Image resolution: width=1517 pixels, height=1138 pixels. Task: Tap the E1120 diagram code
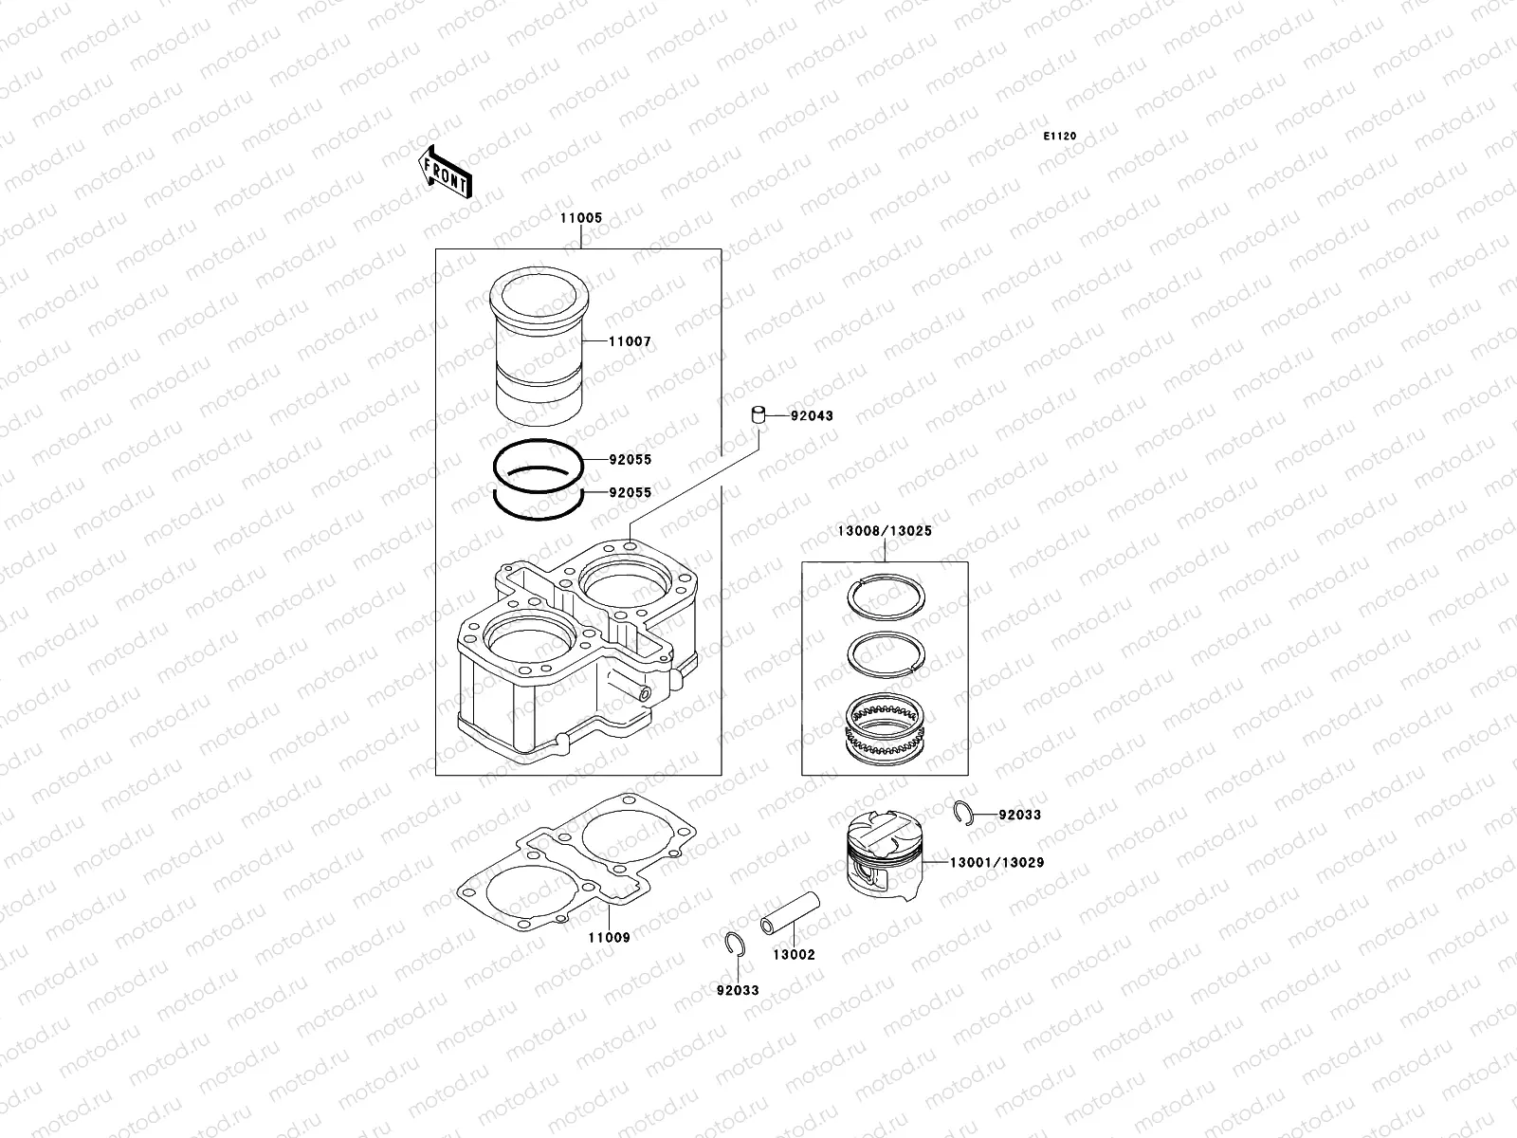pyautogui.click(x=1060, y=137)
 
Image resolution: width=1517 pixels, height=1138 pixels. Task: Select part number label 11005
pyautogui.click(x=580, y=218)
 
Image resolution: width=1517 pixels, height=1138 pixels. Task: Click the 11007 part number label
pyautogui.click(x=630, y=341)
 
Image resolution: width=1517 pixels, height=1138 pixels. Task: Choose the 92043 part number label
pyautogui.click(x=812, y=416)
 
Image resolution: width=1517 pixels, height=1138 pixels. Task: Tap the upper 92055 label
pyautogui.click(x=630, y=460)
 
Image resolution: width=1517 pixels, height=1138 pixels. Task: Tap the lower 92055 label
pyautogui.click(x=630, y=493)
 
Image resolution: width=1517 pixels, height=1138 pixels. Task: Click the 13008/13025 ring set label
pyautogui.click(x=884, y=531)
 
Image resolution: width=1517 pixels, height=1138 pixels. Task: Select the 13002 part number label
pyautogui.click(x=793, y=955)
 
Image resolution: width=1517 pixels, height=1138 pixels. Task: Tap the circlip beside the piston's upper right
pyautogui.click(x=961, y=813)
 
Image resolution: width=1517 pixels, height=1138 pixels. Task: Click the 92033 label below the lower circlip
pyautogui.click(x=738, y=990)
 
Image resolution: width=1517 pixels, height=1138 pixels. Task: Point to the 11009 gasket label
pyautogui.click(x=609, y=937)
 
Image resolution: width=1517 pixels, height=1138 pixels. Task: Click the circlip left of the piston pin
pyautogui.click(x=731, y=944)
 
